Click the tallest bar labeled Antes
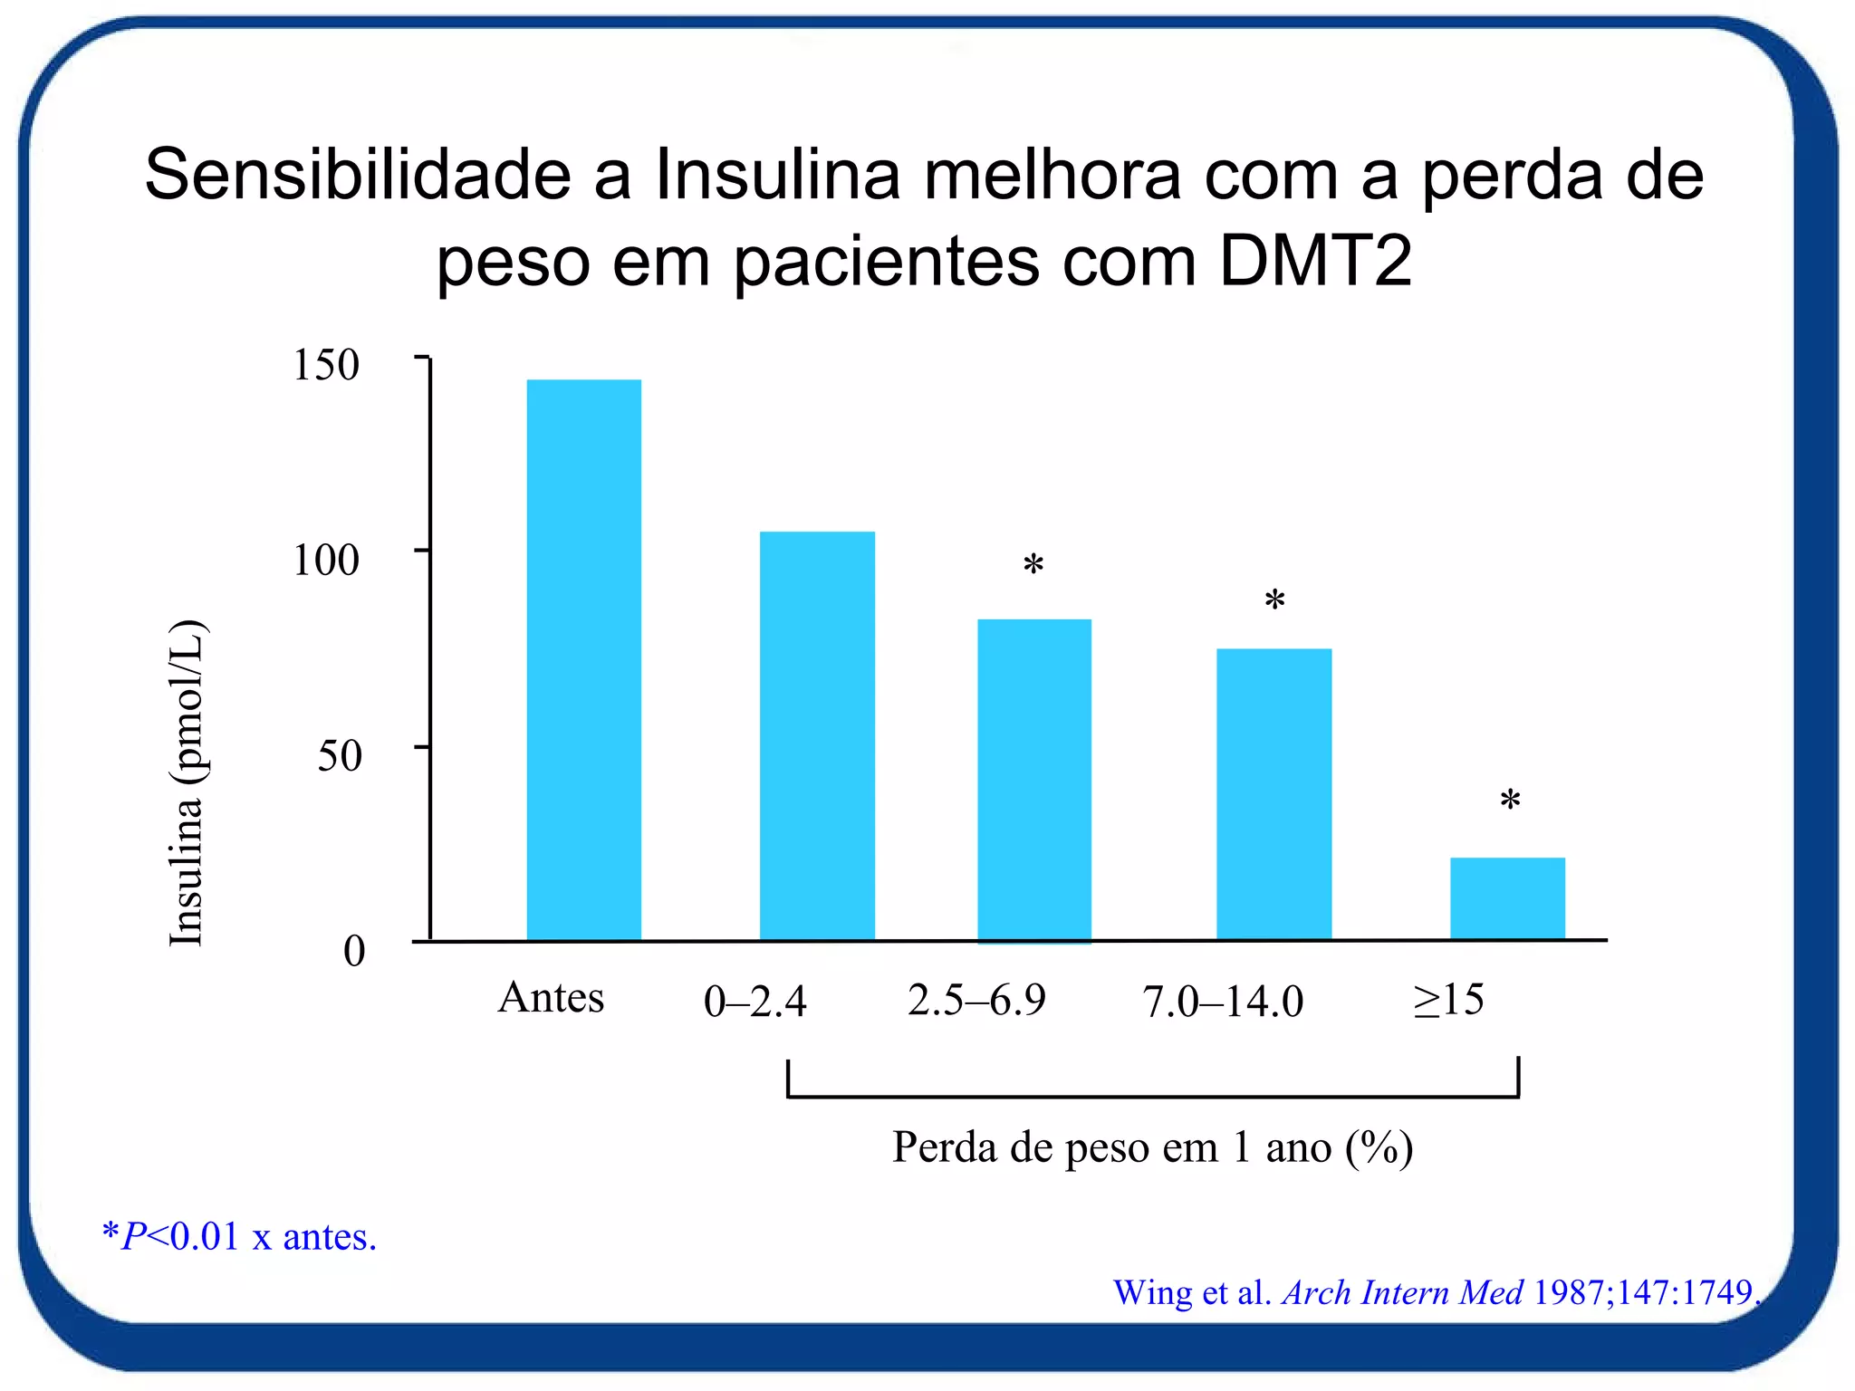point(583,659)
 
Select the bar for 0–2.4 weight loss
point(817,735)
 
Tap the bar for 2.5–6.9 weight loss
point(1033,780)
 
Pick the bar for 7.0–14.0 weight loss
point(1274,794)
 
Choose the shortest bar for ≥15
point(1507,897)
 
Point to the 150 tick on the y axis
point(326,365)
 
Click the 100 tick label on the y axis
point(326,560)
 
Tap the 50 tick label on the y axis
point(339,755)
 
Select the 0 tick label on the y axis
point(353,951)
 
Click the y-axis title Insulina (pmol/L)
point(187,783)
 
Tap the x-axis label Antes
point(551,998)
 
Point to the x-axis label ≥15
point(1448,1000)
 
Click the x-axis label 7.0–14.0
point(1223,1002)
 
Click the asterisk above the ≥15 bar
point(1509,801)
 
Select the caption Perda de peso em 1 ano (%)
point(1152,1147)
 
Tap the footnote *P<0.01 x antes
point(239,1236)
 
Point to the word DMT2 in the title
point(1314,261)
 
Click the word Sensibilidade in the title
point(358,174)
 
